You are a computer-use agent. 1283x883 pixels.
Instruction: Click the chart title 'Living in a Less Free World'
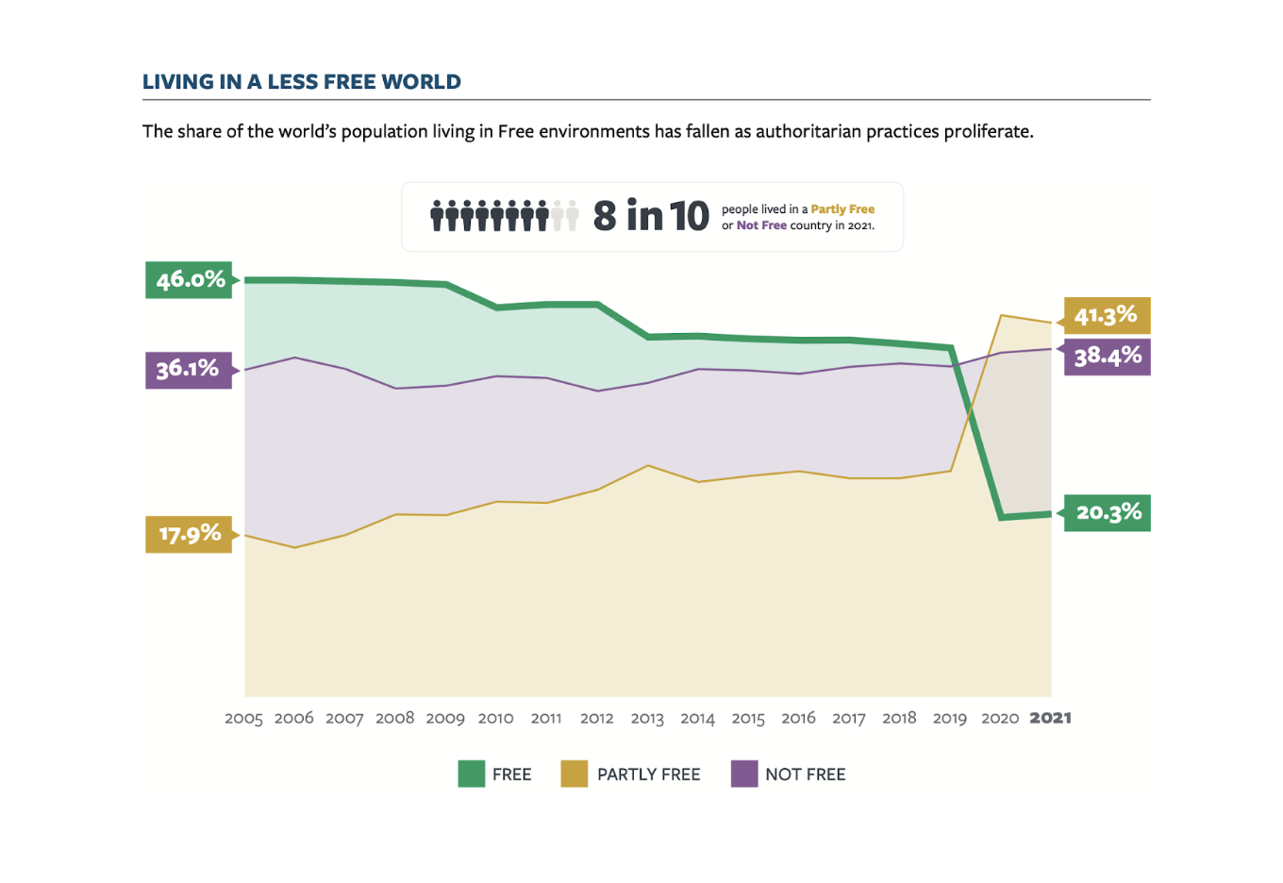coord(301,82)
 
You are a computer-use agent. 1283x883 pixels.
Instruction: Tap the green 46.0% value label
coord(189,280)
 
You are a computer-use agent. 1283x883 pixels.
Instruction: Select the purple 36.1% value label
coord(188,369)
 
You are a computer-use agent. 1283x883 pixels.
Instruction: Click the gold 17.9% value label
coord(189,534)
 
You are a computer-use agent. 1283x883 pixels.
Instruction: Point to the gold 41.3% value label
coord(1107,315)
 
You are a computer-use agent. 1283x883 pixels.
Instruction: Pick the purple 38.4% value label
coord(1108,357)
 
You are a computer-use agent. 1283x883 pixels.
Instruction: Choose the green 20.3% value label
coord(1108,512)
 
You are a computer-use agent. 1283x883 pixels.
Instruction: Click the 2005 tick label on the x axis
coord(243,719)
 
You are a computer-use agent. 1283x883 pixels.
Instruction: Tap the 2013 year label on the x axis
coord(647,719)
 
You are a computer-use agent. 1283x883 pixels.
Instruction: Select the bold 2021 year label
coord(1050,718)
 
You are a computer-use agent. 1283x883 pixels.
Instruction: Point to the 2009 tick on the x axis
coord(445,719)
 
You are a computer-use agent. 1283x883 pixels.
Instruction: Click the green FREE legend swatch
coord(471,774)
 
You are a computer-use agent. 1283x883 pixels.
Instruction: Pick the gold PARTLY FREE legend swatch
coord(574,774)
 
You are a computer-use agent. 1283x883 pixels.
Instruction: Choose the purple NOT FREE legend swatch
coord(744,774)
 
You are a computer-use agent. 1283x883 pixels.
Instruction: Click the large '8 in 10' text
coord(651,216)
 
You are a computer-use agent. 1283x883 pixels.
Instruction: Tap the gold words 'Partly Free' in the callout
coord(842,209)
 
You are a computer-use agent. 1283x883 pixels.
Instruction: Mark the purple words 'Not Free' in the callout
coord(761,225)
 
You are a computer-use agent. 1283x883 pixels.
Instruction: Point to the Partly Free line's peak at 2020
coord(1000,315)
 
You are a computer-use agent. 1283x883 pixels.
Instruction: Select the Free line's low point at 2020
coord(1000,517)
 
